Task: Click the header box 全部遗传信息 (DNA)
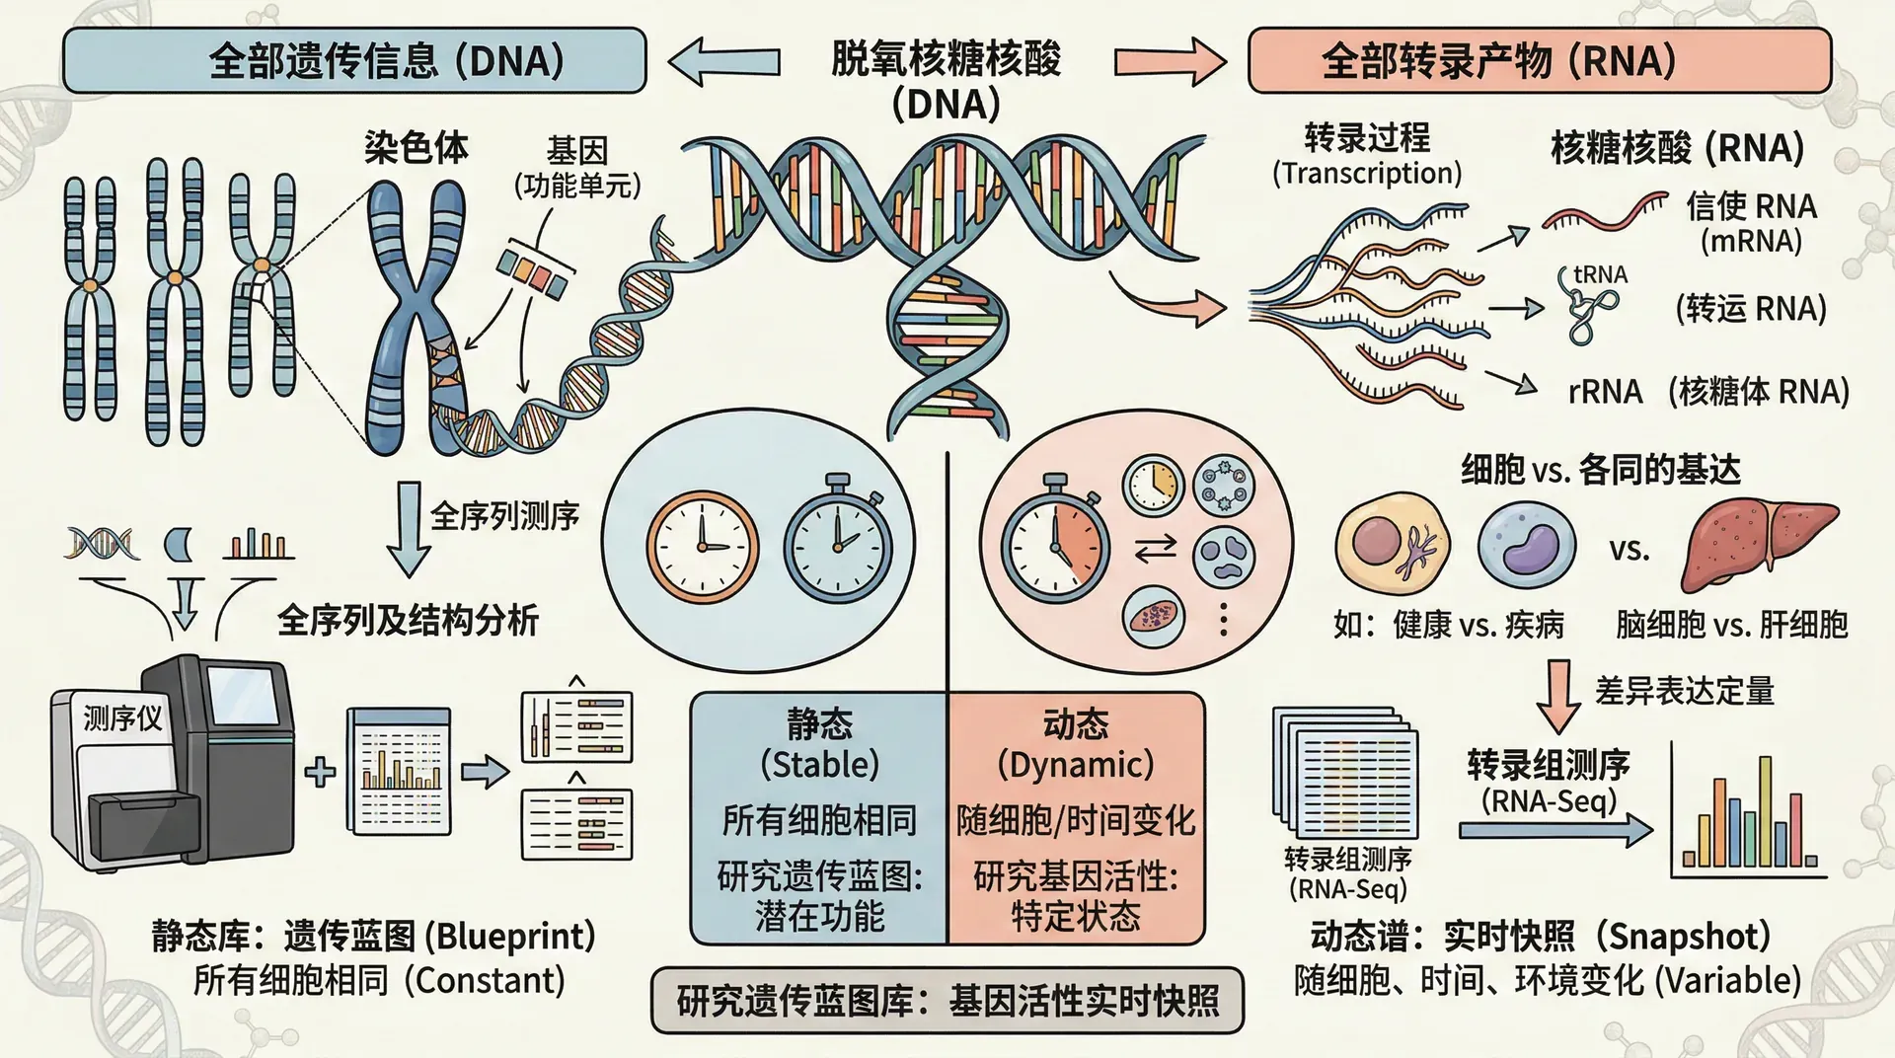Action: tap(354, 60)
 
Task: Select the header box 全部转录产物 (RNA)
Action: tap(1539, 60)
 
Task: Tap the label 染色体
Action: tap(416, 148)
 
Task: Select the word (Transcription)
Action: tap(1367, 174)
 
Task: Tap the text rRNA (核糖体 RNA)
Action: tap(1707, 392)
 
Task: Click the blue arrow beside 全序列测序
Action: tap(408, 528)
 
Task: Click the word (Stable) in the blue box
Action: tap(819, 764)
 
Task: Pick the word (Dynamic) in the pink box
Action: tap(1076, 764)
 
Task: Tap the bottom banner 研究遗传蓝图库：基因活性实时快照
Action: tap(947, 1001)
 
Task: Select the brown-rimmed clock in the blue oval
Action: tap(703, 546)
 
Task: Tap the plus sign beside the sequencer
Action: tap(320, 771)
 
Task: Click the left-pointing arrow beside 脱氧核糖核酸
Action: tap(724, 61)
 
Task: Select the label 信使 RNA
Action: tap(1751, 206)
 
